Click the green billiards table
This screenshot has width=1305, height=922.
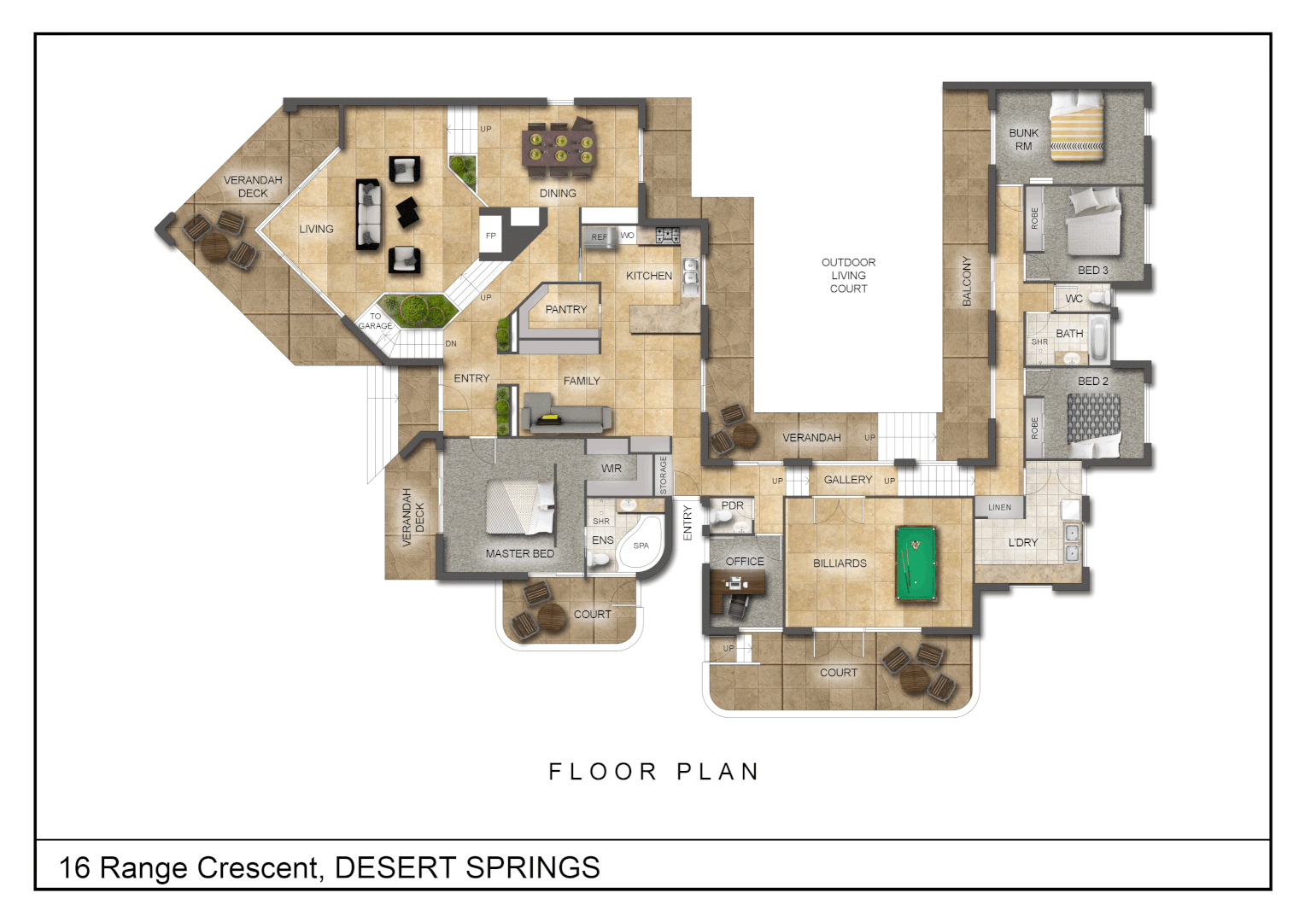point(916,563)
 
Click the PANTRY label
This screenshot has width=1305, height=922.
point(566,309)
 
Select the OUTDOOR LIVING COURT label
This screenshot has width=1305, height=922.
point(848,275)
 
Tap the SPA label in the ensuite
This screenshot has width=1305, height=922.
point(641,546)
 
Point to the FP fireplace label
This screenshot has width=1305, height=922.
point(491,236)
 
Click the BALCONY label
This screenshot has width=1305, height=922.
point(967,281)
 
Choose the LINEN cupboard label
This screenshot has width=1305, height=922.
point(999,507)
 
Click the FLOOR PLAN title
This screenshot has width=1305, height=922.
point(653,772)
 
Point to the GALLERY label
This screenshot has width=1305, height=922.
point(847,480)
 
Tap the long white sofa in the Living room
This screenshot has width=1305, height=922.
point(369,214)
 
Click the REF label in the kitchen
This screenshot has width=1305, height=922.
point(600,237)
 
